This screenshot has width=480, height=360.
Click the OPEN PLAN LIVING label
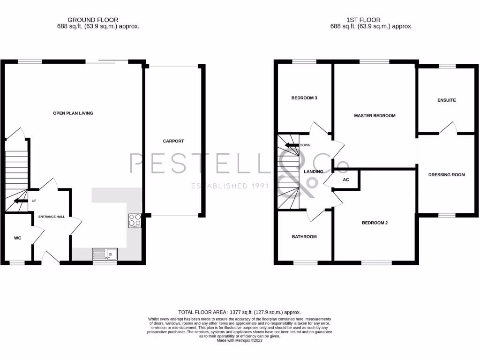73,113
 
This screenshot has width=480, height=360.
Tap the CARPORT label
173,141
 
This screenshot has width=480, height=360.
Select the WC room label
17,238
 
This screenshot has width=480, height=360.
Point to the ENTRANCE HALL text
52,217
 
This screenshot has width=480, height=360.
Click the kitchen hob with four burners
135,220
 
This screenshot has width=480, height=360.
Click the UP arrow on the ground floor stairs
21,201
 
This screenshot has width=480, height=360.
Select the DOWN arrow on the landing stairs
292,145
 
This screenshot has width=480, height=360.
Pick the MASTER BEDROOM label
375,115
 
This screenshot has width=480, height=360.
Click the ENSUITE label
446,100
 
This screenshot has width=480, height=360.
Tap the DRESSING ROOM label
446,175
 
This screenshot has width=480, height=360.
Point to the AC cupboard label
346,180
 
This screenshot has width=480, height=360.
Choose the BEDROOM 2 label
375,223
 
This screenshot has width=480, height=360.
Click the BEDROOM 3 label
304,98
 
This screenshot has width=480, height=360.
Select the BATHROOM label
304,237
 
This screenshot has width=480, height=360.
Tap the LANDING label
314,172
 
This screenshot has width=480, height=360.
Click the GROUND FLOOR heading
93,20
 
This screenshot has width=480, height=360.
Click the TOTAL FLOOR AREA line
239,312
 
